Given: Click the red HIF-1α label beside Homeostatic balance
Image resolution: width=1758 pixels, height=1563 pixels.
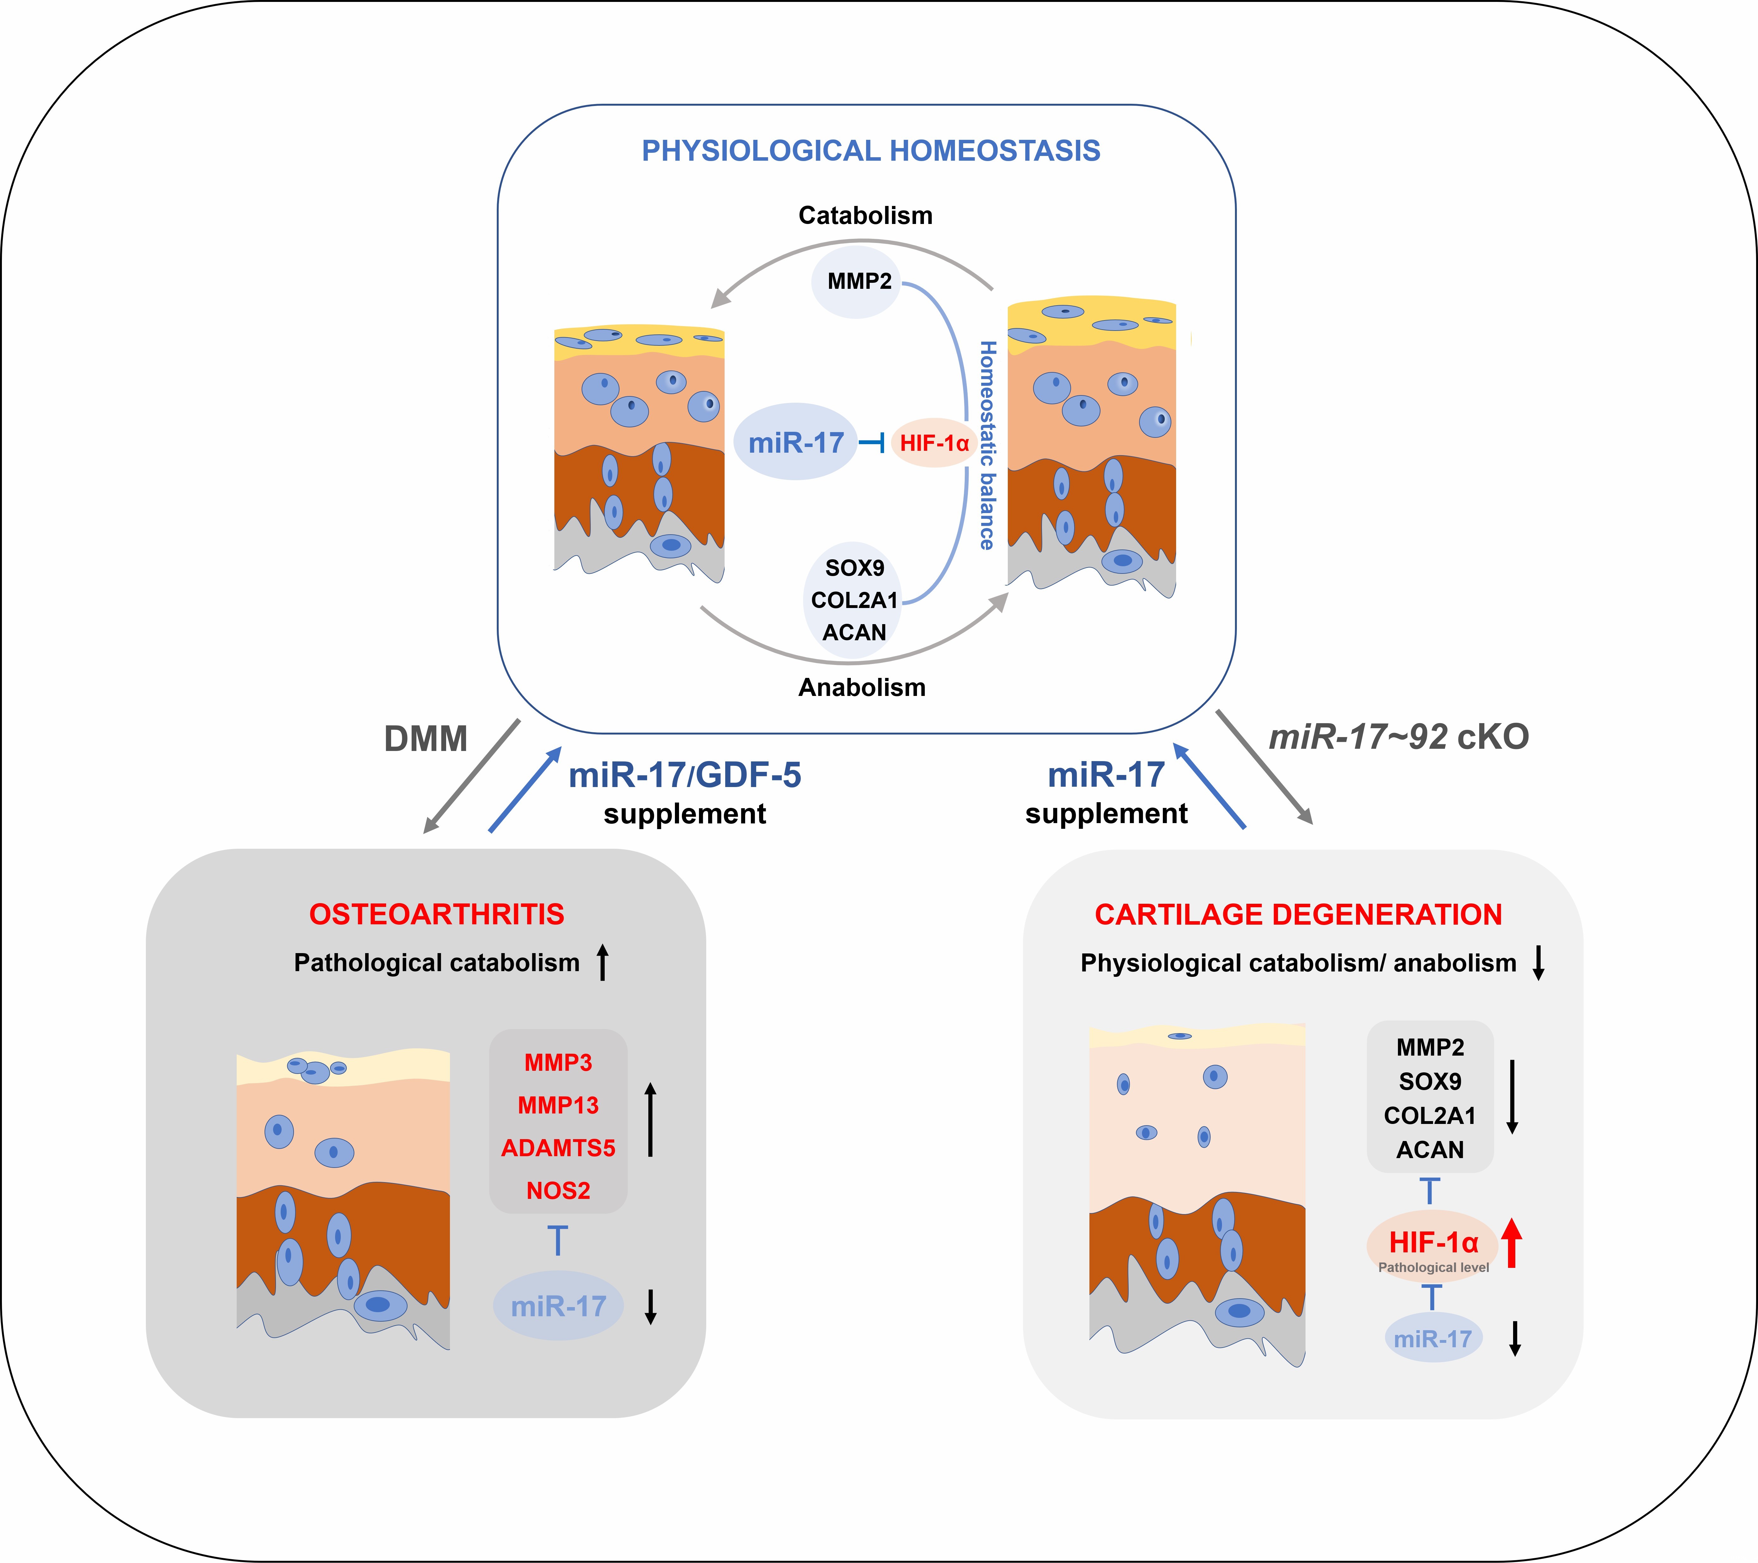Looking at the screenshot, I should tap(934, 443).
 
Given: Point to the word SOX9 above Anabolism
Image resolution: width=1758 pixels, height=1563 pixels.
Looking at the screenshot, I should tap(854, 568).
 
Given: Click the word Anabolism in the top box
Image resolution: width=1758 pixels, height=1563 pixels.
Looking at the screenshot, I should tap(862, 688).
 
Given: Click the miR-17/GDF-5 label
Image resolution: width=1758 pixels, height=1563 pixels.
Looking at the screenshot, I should tap(685, 775).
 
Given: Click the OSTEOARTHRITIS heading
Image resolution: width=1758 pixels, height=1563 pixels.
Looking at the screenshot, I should tap(437, 915).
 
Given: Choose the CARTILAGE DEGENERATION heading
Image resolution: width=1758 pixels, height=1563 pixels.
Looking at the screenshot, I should tap(1298, 915).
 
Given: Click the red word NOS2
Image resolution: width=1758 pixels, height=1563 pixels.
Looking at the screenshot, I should tap(558, 1191).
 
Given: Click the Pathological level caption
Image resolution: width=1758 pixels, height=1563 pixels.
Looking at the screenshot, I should tap(1433, 1267).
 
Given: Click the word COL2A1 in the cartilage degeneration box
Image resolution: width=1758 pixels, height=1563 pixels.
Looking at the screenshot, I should tap(1430, 1116).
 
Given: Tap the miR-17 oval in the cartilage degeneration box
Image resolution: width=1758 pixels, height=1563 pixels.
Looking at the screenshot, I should tap(1433, 1339).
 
